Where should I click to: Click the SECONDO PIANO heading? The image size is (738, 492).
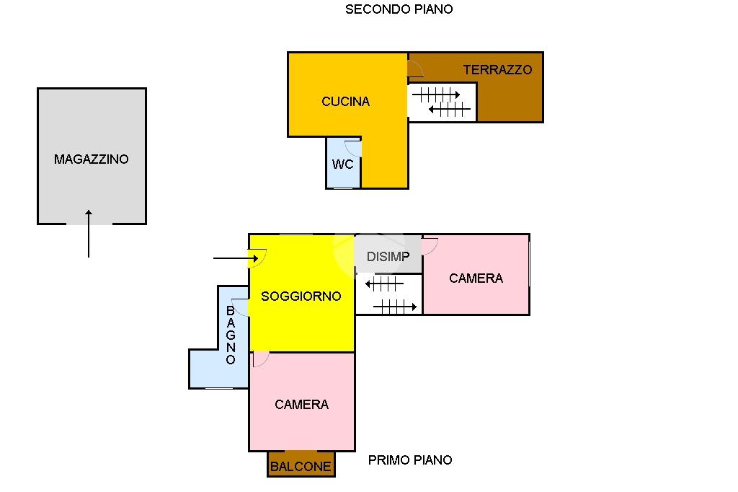click(x=399, y=9)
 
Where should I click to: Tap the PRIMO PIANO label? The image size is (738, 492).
click(x=410, y=460)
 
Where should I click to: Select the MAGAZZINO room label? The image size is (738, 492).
click(x=92, y=159)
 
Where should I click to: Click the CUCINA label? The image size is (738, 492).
click(x=345, y=101)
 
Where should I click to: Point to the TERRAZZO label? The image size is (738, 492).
click(x=497, y=70)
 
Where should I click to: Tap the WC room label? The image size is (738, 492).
click(x=342, y=164)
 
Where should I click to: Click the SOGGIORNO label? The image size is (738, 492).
click(x=301, y=296)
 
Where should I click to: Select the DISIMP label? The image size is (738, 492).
click(x=388, y=256)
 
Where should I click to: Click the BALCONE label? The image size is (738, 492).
click(x=301, y=467)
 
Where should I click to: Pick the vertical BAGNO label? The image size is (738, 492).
click(x=231, y=335)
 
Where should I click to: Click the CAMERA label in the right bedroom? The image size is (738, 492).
click(x=476, y=278)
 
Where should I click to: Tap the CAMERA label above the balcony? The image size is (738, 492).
click(x=301, y=404)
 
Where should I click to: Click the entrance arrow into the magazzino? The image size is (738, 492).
click(x=89, y=234)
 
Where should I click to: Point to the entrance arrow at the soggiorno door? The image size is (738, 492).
click(x=236, y=258)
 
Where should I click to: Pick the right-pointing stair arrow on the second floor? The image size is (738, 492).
click(x=436, y=95)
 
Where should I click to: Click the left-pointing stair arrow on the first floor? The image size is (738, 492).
click(x=385, y=284)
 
